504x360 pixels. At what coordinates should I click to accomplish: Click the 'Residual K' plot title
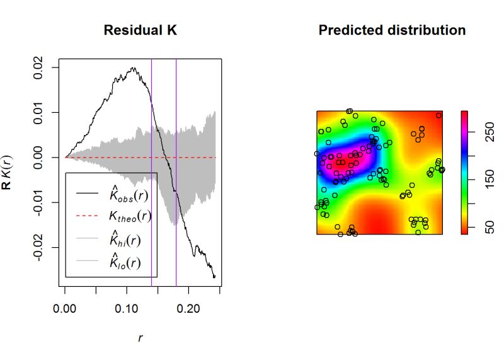coord(141,30)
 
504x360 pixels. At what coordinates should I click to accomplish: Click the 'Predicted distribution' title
coord(392,30)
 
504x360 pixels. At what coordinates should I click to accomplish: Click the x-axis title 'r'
coord(140,338)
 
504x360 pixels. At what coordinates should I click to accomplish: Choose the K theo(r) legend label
coord(129,216)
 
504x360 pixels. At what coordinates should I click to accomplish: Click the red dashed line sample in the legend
coord(88,216)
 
